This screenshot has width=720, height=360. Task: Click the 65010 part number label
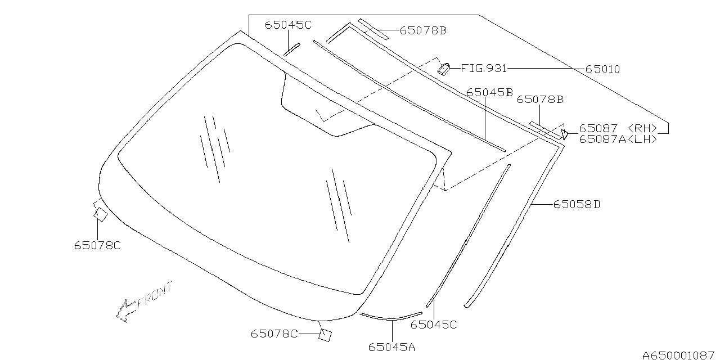(602, 69)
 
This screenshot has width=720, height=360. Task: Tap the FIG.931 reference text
(484, 68)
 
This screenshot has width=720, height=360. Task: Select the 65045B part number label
(489, 93)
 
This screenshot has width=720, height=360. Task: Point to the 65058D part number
(577, 204)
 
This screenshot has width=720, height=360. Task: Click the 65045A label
(391, 347)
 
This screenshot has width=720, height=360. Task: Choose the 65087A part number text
(602, 139)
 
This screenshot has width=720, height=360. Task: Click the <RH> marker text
(642, 128)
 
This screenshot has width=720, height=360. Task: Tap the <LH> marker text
(642, 139)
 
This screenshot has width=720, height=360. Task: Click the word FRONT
(155, 296)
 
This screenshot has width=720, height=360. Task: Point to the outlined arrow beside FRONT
(126, 311)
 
